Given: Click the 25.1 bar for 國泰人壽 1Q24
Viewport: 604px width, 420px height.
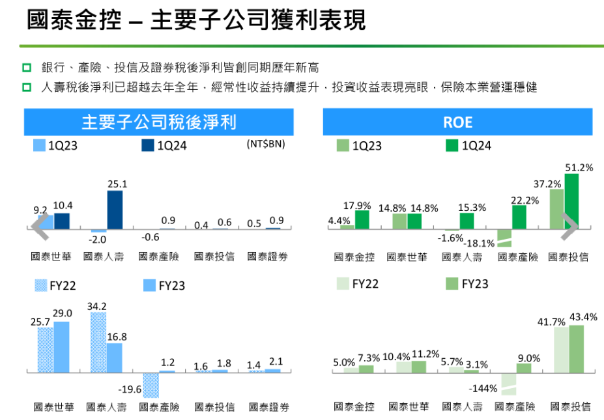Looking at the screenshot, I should (115, 210).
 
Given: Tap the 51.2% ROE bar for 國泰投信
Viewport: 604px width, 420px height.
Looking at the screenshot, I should (571, 201).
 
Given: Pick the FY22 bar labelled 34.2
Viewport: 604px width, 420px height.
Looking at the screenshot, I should (98, 342).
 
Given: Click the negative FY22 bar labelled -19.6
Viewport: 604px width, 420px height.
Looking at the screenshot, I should (151, 385).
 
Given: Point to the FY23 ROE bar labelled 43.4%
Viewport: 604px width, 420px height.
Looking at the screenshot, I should (576, 348).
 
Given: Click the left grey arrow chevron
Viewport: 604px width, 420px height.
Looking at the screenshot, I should (40, 225).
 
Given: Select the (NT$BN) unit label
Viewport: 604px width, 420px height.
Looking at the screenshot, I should (265, 145).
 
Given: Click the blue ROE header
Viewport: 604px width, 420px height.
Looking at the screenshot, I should (457, 122).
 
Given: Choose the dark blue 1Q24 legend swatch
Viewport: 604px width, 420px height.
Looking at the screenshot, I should (147, 146).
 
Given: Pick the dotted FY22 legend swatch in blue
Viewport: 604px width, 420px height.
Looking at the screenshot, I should (40, 285).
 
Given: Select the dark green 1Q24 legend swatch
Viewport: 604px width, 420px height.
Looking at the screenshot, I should (451, 146).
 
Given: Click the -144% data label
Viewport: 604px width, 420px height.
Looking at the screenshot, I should (483, 389).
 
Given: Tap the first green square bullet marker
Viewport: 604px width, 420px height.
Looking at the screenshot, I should (27, 68).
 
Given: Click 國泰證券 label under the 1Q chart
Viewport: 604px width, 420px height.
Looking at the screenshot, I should (268, 257).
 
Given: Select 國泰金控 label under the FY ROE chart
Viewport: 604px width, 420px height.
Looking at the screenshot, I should (354, 406).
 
